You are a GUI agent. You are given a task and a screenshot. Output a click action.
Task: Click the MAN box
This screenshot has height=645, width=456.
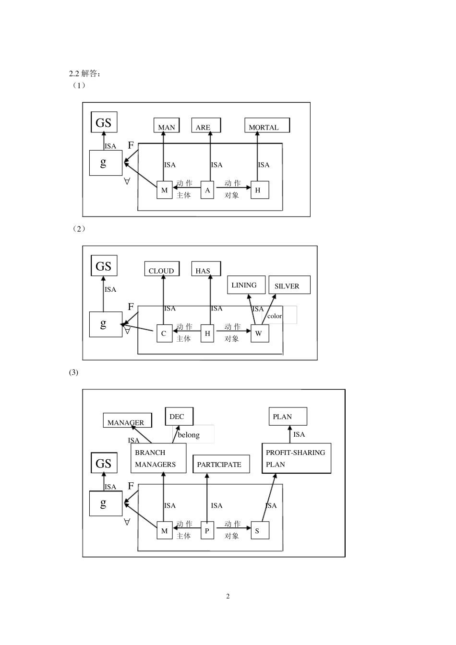[x=167, y=125]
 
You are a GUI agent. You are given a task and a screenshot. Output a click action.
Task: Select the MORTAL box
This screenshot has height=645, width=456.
[x=267, y=125]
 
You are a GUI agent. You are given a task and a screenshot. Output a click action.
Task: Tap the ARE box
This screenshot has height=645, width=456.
[x=206, y=125]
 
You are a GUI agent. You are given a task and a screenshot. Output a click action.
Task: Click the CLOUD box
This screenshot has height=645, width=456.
[x=162, y=269]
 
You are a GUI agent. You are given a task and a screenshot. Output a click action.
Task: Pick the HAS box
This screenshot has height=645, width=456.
[x=206, y=269]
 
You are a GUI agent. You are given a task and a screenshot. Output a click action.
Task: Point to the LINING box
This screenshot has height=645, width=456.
[x=246, y=285]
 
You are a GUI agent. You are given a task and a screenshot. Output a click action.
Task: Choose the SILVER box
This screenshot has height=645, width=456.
[x=289, y=285]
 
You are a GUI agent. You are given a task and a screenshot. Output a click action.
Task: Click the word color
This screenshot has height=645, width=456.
[x=275, y=316]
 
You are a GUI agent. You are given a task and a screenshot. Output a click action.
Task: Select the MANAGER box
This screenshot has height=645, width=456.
[x=127, y=420]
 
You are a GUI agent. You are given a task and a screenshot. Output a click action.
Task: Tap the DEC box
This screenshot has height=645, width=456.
[x=179, y=417]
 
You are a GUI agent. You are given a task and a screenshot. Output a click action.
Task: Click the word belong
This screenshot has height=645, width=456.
[x=189, y=435]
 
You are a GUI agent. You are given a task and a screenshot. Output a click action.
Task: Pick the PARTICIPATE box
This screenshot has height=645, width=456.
[x=221, y=464]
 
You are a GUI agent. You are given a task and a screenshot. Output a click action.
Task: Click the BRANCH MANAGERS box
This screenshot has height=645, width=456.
[x=158, y=458]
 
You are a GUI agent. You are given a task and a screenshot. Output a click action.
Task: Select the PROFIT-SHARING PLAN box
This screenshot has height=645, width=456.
[x=296, y=458]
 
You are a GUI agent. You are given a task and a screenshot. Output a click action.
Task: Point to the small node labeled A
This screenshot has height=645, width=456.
[x=207, y=190]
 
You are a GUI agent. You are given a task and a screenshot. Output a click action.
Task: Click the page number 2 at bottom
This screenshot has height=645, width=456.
[x=228, y=596]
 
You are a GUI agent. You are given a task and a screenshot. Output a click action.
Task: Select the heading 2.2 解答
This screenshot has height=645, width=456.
[x=84, y=73]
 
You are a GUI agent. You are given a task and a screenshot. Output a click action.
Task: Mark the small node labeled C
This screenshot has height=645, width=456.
[x=164, y=333]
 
